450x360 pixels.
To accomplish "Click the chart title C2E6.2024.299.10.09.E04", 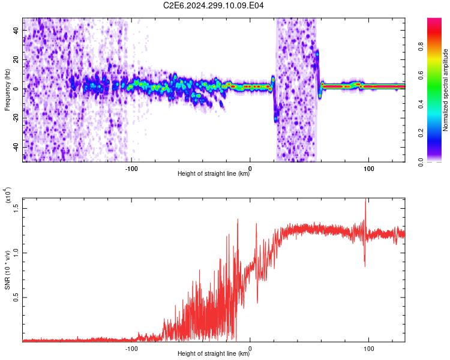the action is (x=213, y=5).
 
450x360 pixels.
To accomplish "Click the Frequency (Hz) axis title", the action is (x=7, y=90).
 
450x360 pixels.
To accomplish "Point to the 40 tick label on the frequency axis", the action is (x=16, y=31).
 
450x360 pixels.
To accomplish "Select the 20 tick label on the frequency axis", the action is (x=16, y=60).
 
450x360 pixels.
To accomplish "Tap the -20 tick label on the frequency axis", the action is (x=16, y=117).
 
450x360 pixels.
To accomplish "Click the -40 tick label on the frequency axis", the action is (x=16, y=146).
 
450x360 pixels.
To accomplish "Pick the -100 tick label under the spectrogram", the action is (x=131, y=169).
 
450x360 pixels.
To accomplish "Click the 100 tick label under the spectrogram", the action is (x=369, y=169).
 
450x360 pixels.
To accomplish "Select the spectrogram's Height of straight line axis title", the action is (x=214, y=173).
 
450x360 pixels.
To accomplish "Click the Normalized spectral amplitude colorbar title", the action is (x=445, y=90).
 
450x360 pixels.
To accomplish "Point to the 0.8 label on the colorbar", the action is (x=421, y=46).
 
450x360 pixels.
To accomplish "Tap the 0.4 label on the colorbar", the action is (x=421, y=104).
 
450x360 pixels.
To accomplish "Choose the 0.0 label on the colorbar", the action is (x=421, y=162).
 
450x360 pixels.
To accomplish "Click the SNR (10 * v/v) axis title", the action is (x=7, y=270).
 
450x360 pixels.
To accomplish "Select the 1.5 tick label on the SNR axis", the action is (x=16, y=208).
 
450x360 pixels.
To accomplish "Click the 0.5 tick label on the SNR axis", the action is (x=16, y=298).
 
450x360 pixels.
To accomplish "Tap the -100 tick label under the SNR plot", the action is (x=131, y=349).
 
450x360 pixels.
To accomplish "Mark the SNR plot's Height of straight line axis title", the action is (x=214, y=353).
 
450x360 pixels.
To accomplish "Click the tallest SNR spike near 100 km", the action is (x=365, y=199).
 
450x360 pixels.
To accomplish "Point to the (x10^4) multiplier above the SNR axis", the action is (x=8, y=195).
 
